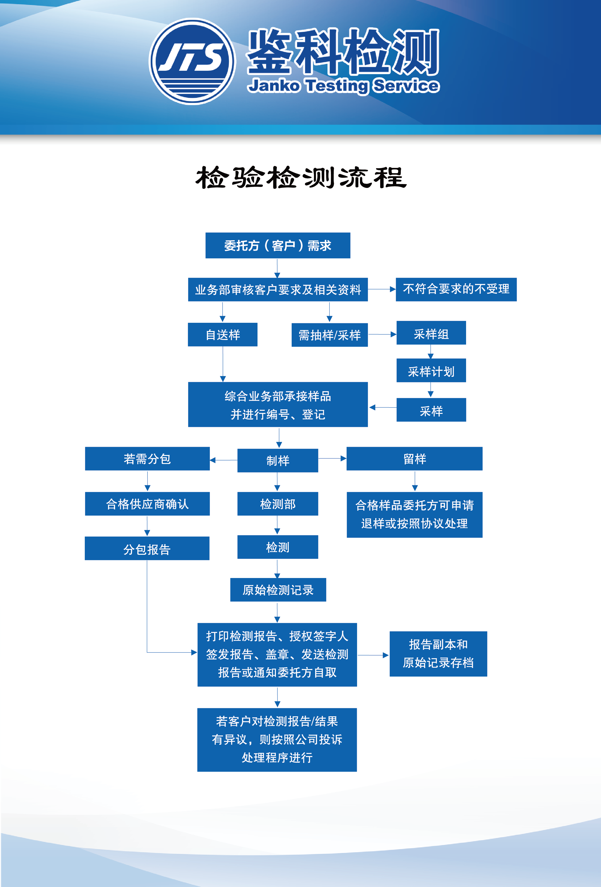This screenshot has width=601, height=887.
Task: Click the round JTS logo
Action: tap(192, 62)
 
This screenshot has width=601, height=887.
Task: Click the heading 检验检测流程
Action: tap(301, 177)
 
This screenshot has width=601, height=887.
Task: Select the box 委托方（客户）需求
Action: tap(278, 245)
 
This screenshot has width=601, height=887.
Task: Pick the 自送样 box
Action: tap(223, 335)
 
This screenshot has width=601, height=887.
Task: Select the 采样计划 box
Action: tap(431, 370)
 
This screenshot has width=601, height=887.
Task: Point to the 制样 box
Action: tap(278, 460)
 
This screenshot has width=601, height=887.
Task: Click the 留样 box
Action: tap(414, 459)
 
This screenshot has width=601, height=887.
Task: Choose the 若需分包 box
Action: tap(147, 459)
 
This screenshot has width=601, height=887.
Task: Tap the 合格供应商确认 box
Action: tap(147, 504)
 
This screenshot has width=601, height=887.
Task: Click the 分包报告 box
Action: tap(147, 548)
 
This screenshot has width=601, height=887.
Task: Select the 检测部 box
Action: tap(278, 504)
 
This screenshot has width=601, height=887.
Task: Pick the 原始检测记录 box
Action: tap(278, 590)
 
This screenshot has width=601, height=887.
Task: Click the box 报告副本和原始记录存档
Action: tap(438, 654)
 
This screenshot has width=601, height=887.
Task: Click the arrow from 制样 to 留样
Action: tap(332, 458)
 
